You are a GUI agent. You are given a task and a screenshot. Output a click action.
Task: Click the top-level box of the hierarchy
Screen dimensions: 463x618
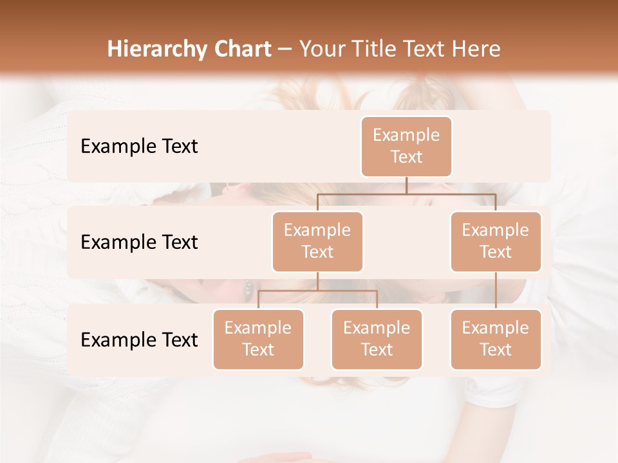click(x=406, y=146)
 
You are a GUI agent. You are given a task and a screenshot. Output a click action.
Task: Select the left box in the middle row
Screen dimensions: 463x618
click(x=317, y=241)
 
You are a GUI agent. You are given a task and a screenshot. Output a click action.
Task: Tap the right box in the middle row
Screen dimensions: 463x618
click(x=496, y=241)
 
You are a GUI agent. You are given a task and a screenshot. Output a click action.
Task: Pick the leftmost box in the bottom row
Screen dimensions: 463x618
click(x=258, y=339)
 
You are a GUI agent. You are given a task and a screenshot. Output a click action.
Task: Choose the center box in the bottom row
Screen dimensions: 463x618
click(x=377, y=339)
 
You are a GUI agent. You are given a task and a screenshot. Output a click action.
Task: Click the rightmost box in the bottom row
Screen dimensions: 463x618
click(x=496, y=339)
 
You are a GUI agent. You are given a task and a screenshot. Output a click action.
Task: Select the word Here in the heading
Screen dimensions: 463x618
click(x=476, y=49)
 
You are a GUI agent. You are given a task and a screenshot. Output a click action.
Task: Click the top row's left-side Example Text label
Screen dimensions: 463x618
click(x=139, y=146)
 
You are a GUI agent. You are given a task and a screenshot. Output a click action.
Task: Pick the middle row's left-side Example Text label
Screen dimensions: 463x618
click(x=139, y=242)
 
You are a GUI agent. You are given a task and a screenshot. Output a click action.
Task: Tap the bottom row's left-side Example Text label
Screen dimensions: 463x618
click(x=139, y=340)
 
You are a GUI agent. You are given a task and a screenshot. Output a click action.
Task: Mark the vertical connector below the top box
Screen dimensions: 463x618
click(x=406, y=185)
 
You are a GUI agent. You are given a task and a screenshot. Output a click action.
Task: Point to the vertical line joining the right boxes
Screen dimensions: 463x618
click(x=496, y=291)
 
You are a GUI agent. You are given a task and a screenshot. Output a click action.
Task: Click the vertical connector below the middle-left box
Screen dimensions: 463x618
click(x=317, y=281)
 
